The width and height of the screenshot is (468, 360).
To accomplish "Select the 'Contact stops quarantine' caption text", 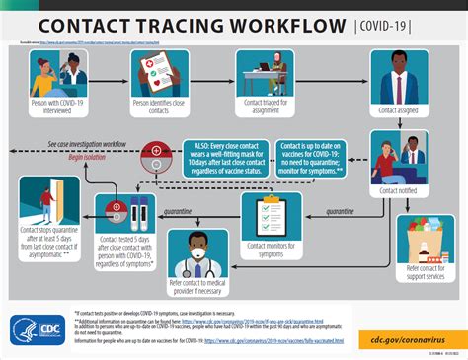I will pos(42,241).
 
